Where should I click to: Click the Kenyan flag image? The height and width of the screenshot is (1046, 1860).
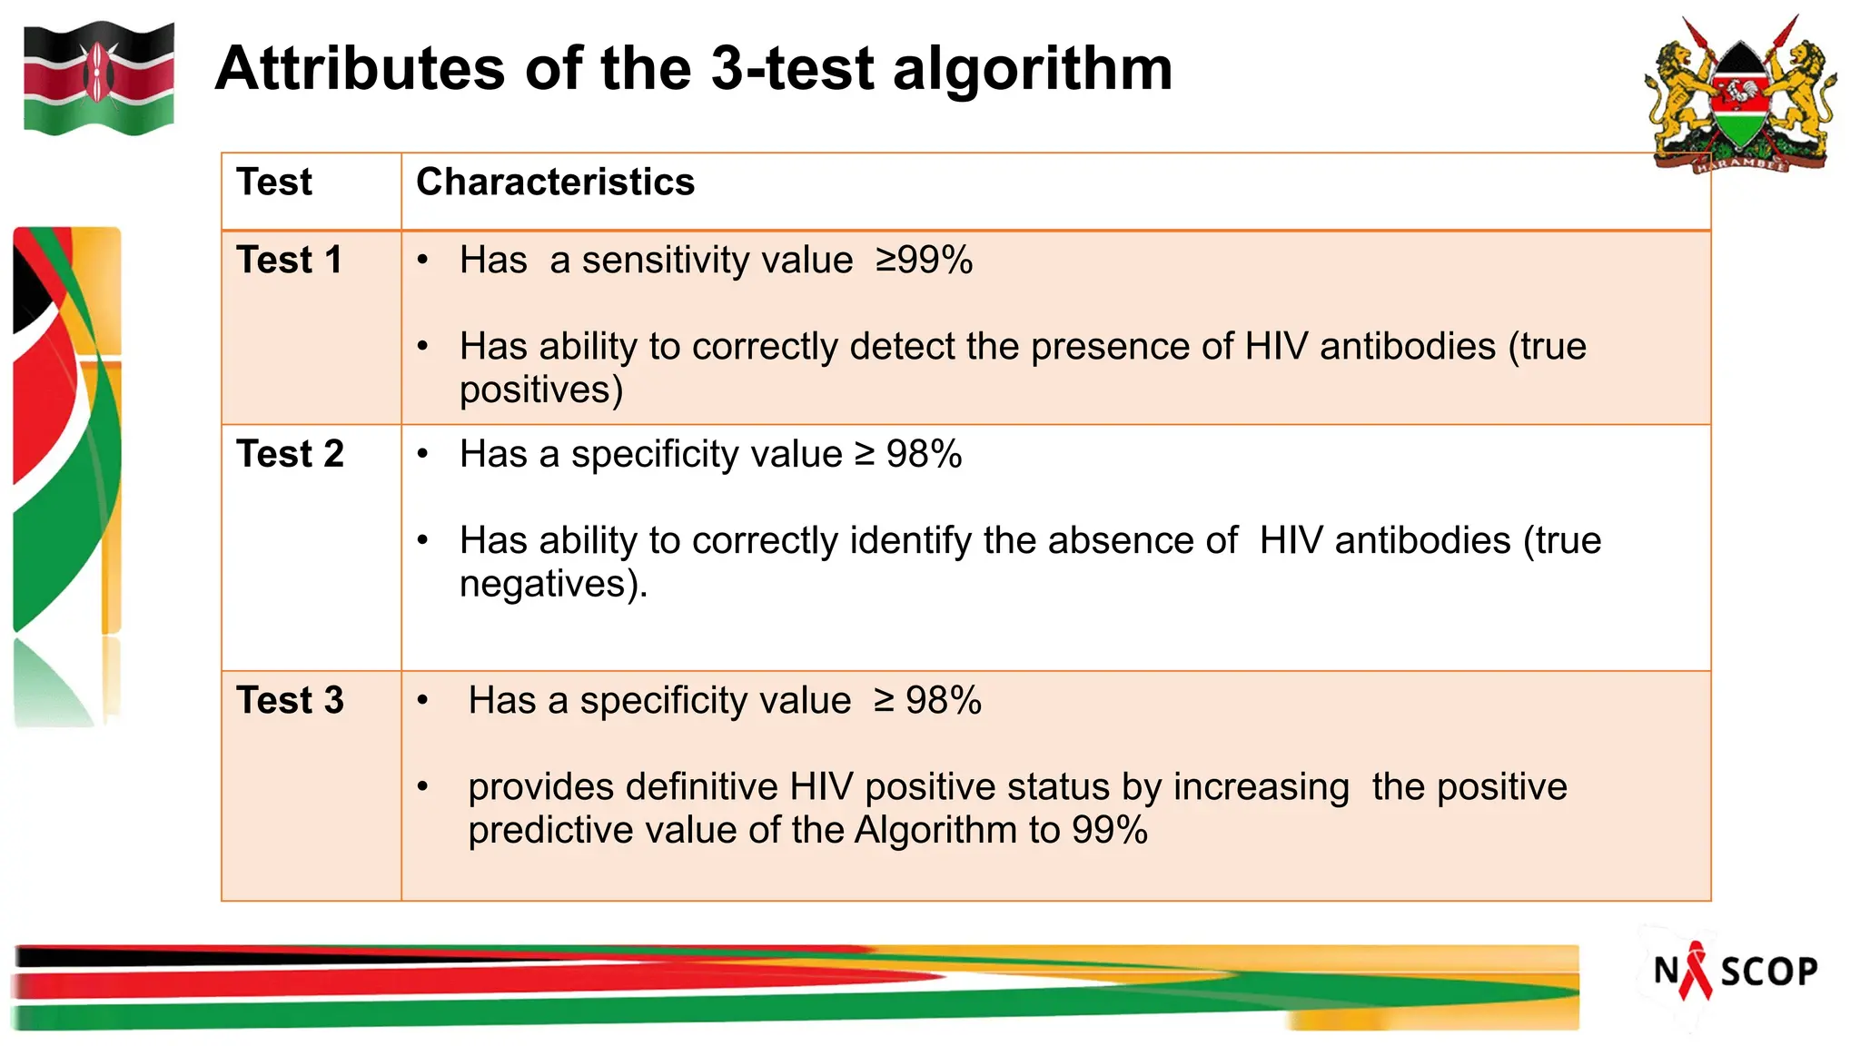pyautogui.click(x=98, y=79)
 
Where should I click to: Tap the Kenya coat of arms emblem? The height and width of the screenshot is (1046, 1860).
pyautogui.click(x=1739, y=94)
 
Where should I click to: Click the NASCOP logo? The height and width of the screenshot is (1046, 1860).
pyautogui.click(x=1735, y=972)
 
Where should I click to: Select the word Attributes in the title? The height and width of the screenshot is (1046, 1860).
pyautogui.click(x=360, y=69)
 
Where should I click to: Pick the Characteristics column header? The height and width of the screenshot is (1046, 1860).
pyautogui.click(x=555, y=183)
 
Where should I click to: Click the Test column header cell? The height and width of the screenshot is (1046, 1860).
pyautogui.click(x=274, y=183)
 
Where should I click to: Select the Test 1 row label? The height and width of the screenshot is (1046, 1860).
pyautogui.click(x=289, y=261)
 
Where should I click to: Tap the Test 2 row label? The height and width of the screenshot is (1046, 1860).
pyautogui.click(x=290, y=454)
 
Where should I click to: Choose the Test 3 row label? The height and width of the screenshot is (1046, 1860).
pyautogui.click(x=290, y=701)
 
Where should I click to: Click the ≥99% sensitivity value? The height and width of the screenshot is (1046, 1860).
pyautogui.click(x=924, y=261)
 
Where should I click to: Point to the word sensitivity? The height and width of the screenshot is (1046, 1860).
pyautogui.click(x=717, y=261)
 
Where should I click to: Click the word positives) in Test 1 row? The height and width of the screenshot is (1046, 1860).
pyautogui.click(x=541, y=390)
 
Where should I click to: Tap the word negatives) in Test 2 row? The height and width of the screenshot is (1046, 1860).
pyautogui.click(x=553, y=584)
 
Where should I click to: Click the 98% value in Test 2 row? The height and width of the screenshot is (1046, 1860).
pyautogui.click(x=924, y=454)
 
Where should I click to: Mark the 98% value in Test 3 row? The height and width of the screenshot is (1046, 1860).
pyautogui.click(x=943, y=701)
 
